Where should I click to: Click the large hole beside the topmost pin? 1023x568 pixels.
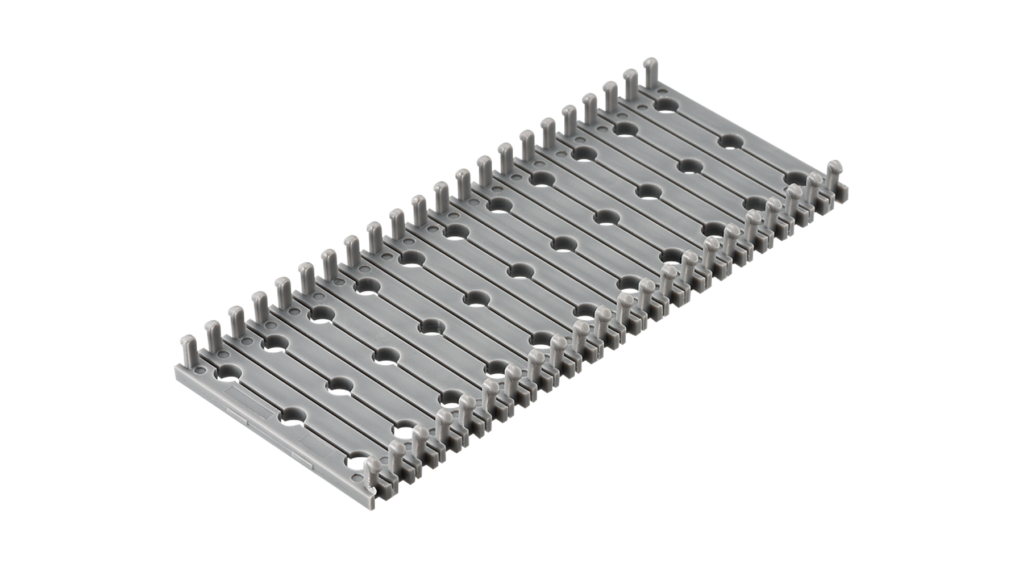coord(665,105)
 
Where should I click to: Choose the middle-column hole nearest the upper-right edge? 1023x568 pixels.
coord(732,140)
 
